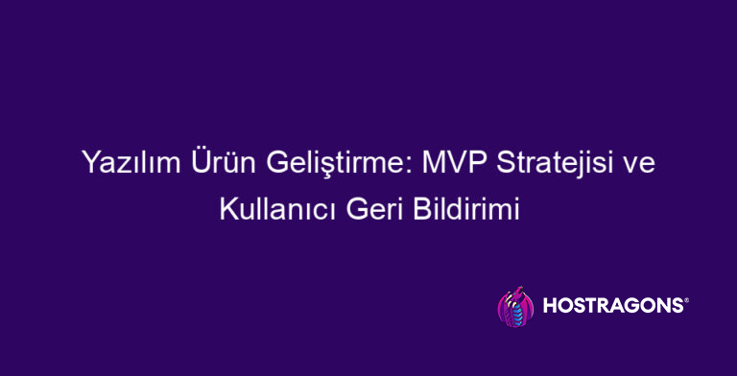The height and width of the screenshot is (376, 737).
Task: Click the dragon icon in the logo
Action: point(515,307)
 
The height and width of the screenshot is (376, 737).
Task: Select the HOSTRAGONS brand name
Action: point(613,306)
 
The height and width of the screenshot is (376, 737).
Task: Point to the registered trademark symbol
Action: point(685,300)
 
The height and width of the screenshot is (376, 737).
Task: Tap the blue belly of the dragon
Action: point(517,312)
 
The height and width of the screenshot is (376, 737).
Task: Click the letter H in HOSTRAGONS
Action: point(551,306)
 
